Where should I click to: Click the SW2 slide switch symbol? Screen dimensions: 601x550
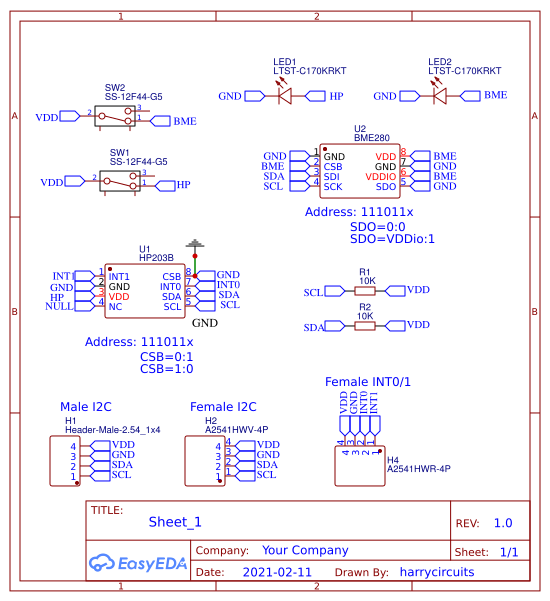[115, 117]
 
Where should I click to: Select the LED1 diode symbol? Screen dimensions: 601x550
[284, 96]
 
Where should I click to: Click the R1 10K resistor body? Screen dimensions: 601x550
[365, 290]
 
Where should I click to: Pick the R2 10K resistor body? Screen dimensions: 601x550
[365, 325]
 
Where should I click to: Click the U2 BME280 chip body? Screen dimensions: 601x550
[360, 170]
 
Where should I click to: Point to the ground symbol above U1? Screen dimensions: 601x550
[196, 244]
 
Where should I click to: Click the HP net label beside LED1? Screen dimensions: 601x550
[336, 96]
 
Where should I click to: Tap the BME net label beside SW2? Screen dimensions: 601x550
[184, 121]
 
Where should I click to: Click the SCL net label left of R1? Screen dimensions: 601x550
[313, 291]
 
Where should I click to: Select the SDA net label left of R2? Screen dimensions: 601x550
[313, 326]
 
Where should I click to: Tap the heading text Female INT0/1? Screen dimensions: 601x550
[368, 382]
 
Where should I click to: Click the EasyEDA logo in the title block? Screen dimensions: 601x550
[138, 563]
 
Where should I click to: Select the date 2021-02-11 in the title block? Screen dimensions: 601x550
[277, 573]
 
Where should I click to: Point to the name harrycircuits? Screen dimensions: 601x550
[436, 573]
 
